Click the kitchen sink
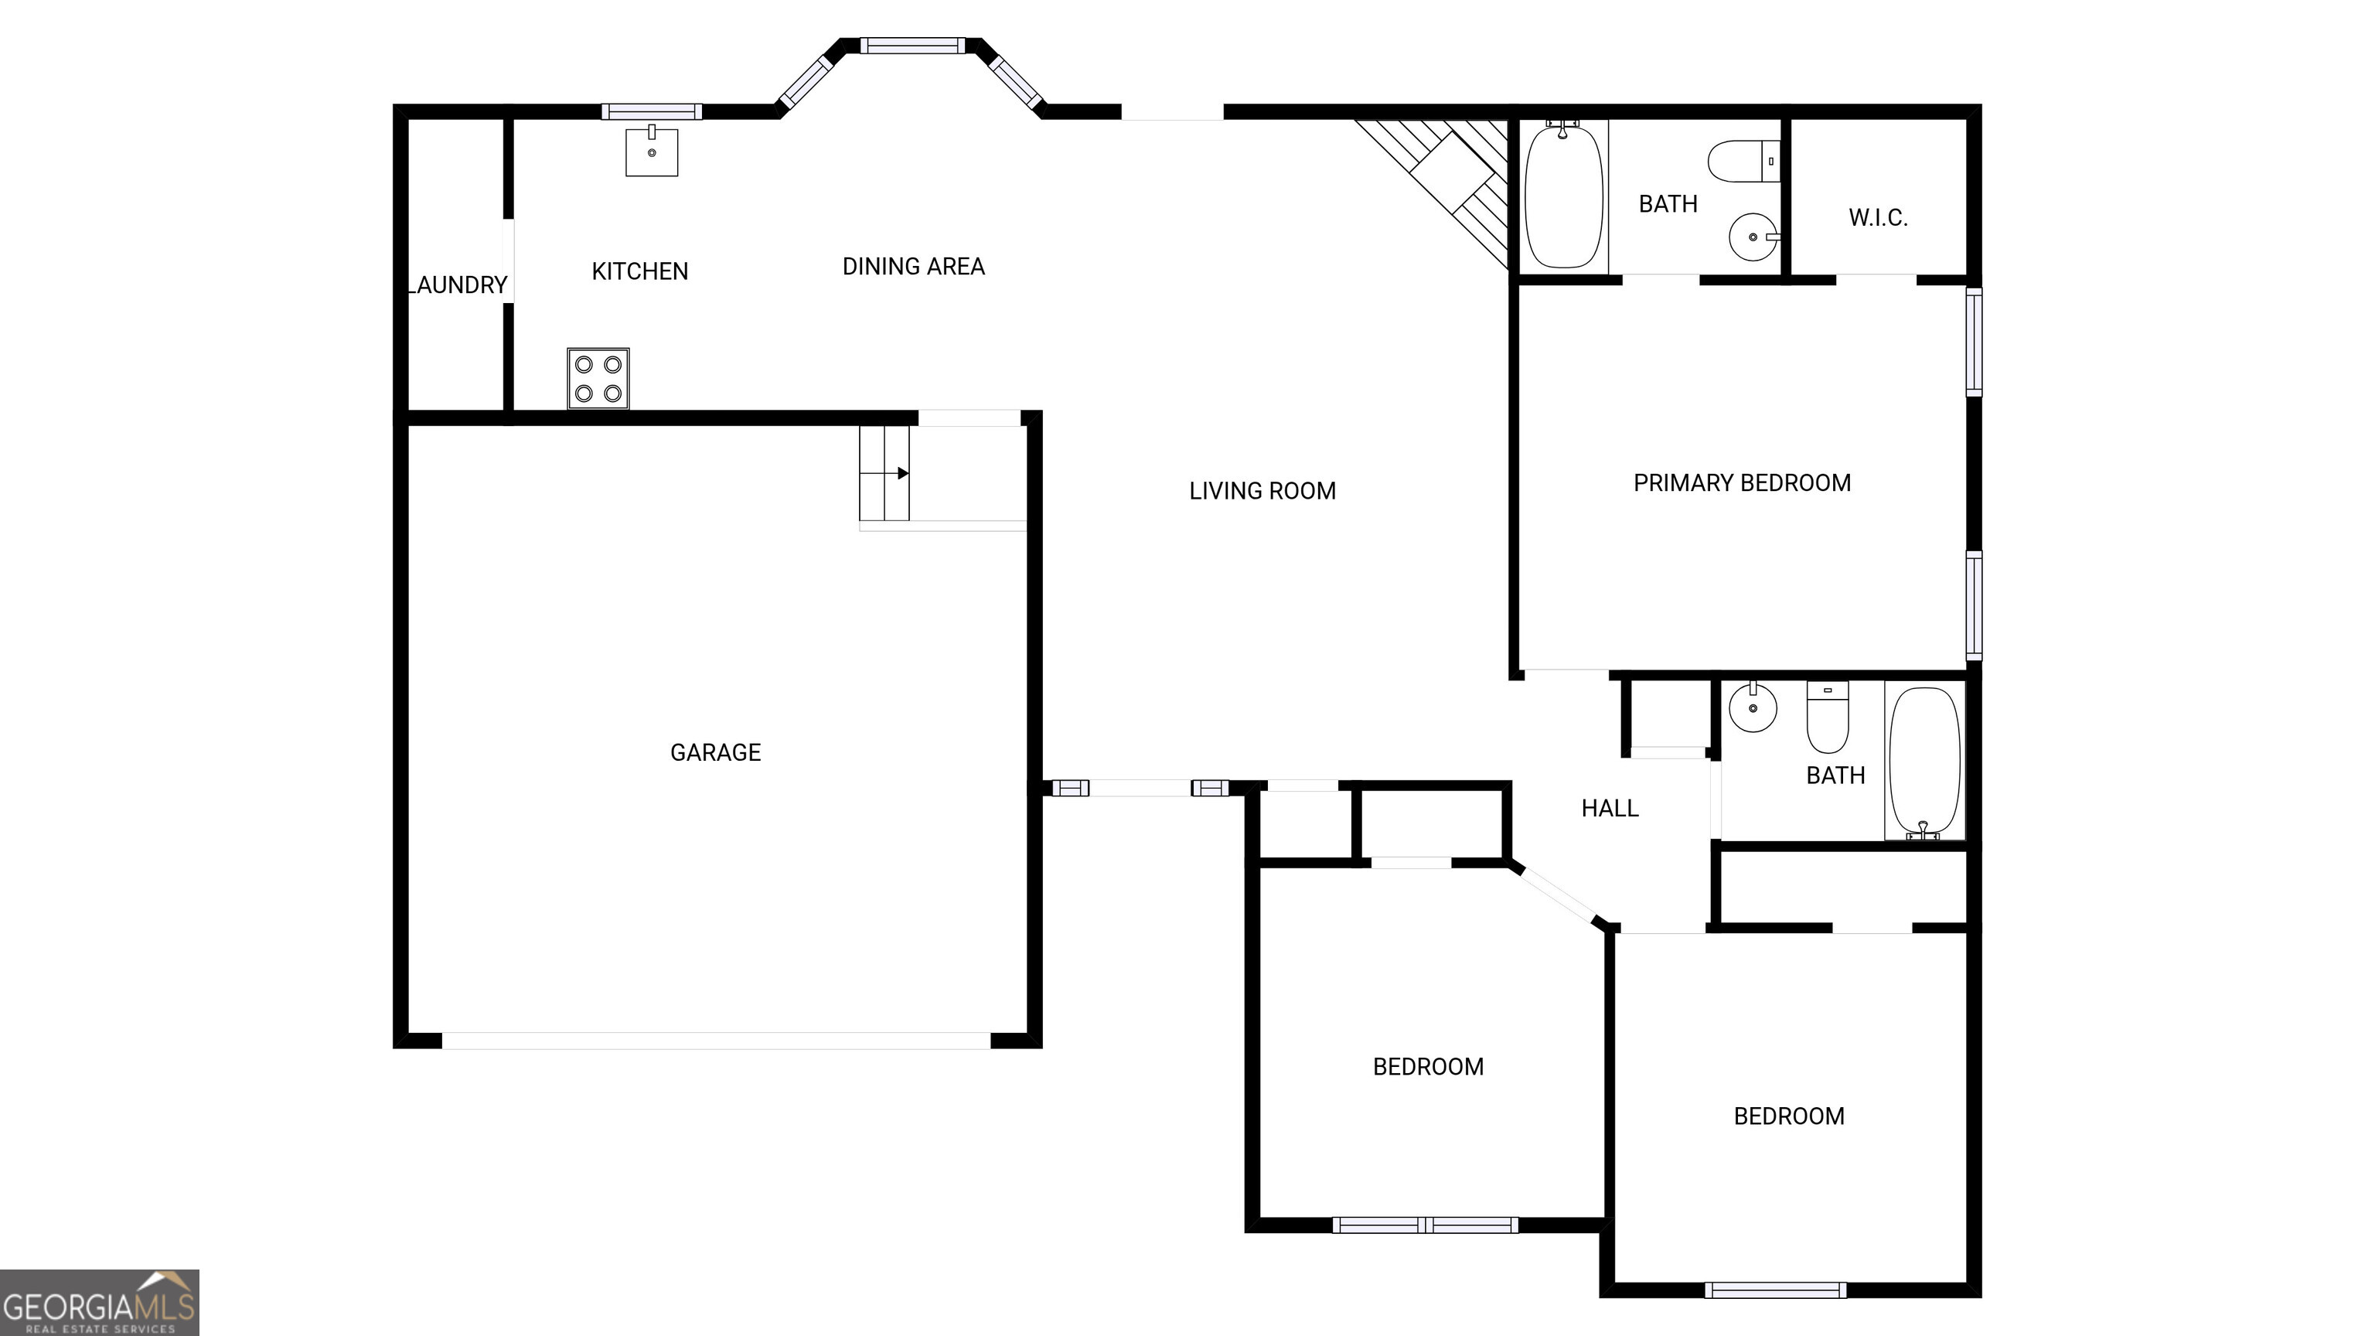pyautogui.click(x=652, y=152)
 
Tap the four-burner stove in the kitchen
pyautogui.click(x=598, y=378)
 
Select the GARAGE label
pyautogui.click(x=715, y=752)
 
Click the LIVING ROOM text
pyautogui.click(x=1262, y=490)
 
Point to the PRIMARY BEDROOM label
pyautogui.click(x=1742, y=483)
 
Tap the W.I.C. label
pyautogui.click(x=1878, y=217)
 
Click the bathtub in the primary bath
pyautogui.click(x=1564, y=196)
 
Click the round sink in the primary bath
pyautogui.click(x=1752, y=237)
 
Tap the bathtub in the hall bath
pyautogui.click(x=1924, y=762)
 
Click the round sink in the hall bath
pyautogui.click(x=1752, y=708)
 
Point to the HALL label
pyautogui.click(x=1610, y=809)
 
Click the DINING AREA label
pyautogui.click(x=914, y=267)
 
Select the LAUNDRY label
pyautogui.click(x=458, y=285)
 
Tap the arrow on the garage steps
pyautogui.click(x=903, y=473)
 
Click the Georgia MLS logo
pyautogui.click(x=100, y=1302)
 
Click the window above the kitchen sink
pyautogui.click(x=652, y=111)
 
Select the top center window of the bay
pyautogui.click(x=911, y=45)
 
